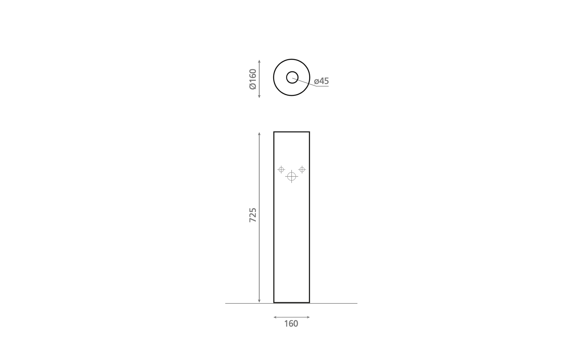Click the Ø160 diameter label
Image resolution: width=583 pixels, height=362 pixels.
pos(253,79)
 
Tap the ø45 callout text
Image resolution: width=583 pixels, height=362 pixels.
pos(321,81)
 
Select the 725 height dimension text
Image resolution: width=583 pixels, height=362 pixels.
pos(253,215)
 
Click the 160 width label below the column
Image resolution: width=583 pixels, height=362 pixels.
pos(291,324)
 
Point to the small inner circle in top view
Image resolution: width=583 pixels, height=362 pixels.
pos(292,72)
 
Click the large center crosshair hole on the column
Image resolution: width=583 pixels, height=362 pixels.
pos(291,176)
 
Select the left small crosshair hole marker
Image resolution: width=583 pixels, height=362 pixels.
pos(281,170)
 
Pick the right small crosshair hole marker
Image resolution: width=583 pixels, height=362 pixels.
pos(302,170)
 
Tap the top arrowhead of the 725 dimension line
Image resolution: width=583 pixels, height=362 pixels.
pos(259,133)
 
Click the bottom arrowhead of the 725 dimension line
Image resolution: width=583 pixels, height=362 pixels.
pos(259,301)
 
